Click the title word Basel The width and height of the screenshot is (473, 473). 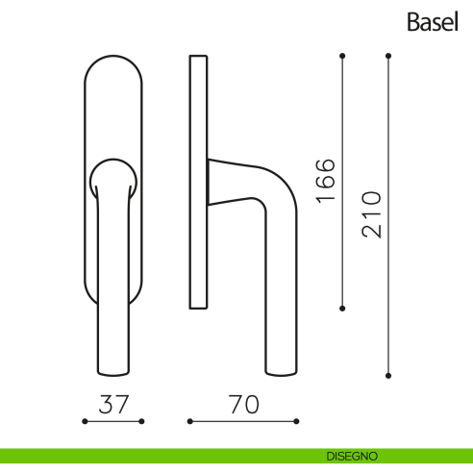pyautogui.click(x=433, y=22)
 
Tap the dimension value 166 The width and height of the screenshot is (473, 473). pyautogui.click(x=326, y=181)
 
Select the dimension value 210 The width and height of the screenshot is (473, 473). pyautogui.click(x=372, y=214)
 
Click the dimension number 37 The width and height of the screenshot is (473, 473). pyautogui.click(x=113, y=404)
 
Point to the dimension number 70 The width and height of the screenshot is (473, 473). pyautogui.click(x=243, y=404)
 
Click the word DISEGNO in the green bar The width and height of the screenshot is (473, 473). pyautogui.click(x=352, y=456)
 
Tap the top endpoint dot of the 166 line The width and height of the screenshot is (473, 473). pyautogui.click(x=342, y=56)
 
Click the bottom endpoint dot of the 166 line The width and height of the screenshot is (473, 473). pyautogui.click(x=342, y=309)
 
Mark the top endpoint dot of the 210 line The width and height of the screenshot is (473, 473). pyautogui.click(x=388, y=56)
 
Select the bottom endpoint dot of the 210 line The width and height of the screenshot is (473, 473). pyautogui.click(x=388, y=376)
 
